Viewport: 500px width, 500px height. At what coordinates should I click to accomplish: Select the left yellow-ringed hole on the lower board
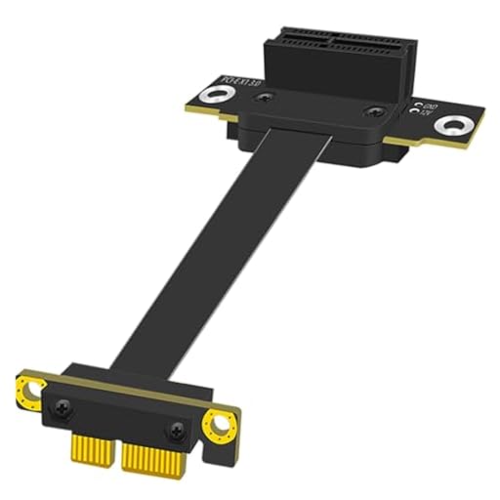click(31, 390)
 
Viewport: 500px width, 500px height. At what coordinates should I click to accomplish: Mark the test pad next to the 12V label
click(418, 112)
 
